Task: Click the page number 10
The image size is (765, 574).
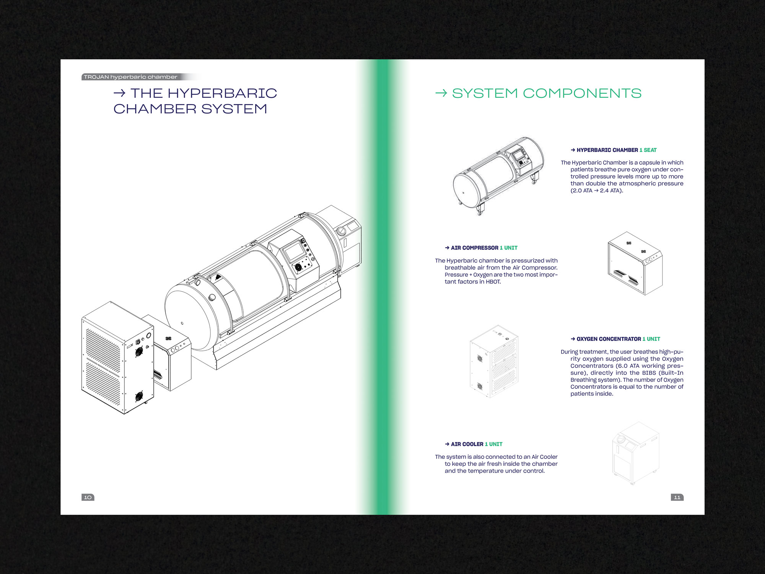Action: pos(88,497)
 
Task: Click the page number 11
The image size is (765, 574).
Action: pos(677,497)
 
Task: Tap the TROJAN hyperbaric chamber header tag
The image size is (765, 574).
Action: pos(130,77)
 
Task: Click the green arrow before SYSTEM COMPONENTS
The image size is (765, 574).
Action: pos(441,93)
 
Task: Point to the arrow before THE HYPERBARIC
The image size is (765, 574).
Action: pos(119,93)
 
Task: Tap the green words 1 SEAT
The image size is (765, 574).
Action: pos(648,150)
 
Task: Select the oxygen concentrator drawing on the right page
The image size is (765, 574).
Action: pos(494,362)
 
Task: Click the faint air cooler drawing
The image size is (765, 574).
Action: pos(636,453)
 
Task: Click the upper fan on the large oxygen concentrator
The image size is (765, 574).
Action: pos(139,351)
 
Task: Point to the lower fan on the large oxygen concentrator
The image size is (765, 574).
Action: pos(139,396)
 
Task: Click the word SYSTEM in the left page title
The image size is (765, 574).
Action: pos(234,109)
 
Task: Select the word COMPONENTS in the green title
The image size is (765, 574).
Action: pos(582,93)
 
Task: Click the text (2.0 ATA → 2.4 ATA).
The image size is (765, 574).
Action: pos(597,191)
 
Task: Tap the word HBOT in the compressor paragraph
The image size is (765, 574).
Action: pos(493,282)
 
